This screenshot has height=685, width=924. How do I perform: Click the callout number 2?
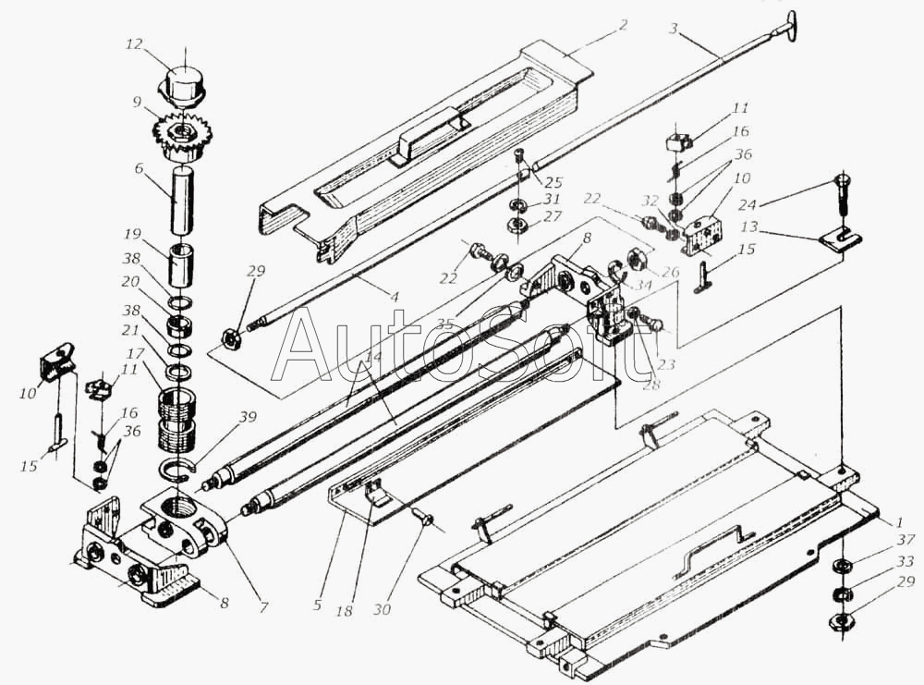click(x=623, y=25)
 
